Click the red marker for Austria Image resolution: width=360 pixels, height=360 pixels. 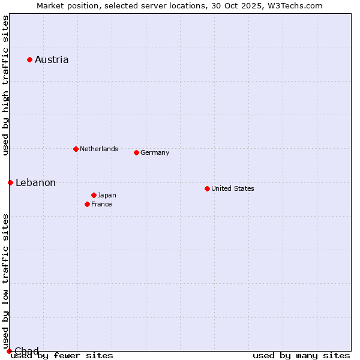[x=29, y=59]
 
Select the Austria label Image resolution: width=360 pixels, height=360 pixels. [x=52, y=59]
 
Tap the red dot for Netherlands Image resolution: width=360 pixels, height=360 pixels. [x=76, y=149]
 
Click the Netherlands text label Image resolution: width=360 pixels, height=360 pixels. [x=98, y=149]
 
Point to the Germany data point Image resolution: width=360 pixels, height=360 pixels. [x=136, y=152]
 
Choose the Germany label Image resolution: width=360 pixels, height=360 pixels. [x=155, y=152]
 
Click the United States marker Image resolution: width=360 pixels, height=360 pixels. [x=207, y=188]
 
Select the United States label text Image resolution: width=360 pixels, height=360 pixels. [x=232, y=188]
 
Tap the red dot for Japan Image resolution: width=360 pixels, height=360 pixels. [x=94, y=195]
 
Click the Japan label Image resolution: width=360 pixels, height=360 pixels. [x=107, y=195]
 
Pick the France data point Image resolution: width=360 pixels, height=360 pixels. [x=87, y=204]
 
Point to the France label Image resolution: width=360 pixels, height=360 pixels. [x=101, y=204]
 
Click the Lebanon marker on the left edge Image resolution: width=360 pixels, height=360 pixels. [x=10, y=182]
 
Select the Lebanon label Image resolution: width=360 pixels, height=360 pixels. [x=35, y=182]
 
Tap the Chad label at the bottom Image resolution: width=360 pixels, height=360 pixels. [x=26, y=351]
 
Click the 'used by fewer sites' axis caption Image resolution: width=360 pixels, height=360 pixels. [x=62, y=356]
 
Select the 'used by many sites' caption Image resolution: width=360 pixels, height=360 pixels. [x=301, y=356]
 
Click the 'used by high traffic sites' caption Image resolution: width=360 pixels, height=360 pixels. [x=5, y=85]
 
